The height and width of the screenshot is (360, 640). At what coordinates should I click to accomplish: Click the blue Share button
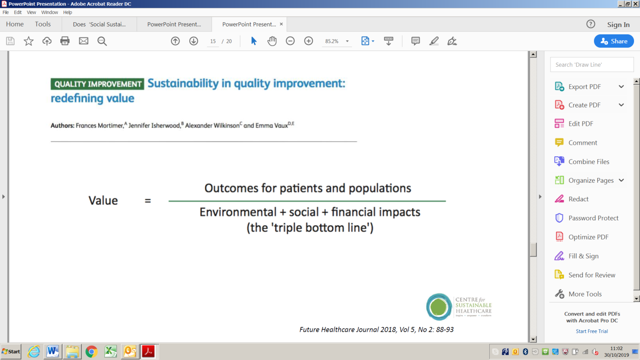(x=614, y=41)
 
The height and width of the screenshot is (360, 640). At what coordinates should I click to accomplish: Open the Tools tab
(x=43, y=24)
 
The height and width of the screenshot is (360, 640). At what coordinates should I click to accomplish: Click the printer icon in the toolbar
(x=65, y=41)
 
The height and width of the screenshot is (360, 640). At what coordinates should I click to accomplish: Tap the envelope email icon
(x=83, y=41)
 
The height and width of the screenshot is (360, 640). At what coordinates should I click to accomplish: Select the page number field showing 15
(x=213, y=41)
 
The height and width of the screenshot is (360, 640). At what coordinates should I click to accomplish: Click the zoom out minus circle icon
(x=290, y=41)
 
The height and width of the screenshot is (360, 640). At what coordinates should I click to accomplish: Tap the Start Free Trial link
(x=592, y=331)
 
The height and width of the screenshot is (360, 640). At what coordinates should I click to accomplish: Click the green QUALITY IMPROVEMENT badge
(x=97, y=84)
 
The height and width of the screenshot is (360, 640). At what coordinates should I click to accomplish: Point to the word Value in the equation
(x=103, y=200)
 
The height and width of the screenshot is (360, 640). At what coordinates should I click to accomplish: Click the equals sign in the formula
(x=148, y=201)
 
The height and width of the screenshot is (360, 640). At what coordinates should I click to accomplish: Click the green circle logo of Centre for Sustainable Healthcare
(x=439, y=307)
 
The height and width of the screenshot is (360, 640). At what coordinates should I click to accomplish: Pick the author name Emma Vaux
(x=271, y=125)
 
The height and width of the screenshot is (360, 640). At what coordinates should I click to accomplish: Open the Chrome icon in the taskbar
(x=91, y=352)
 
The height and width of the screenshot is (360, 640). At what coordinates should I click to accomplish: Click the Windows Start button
(x=11, y=352)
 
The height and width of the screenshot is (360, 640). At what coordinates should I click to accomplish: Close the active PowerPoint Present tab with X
(x=281, y=24)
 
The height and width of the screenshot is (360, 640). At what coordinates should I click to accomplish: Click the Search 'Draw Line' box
(x=592, y=64)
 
